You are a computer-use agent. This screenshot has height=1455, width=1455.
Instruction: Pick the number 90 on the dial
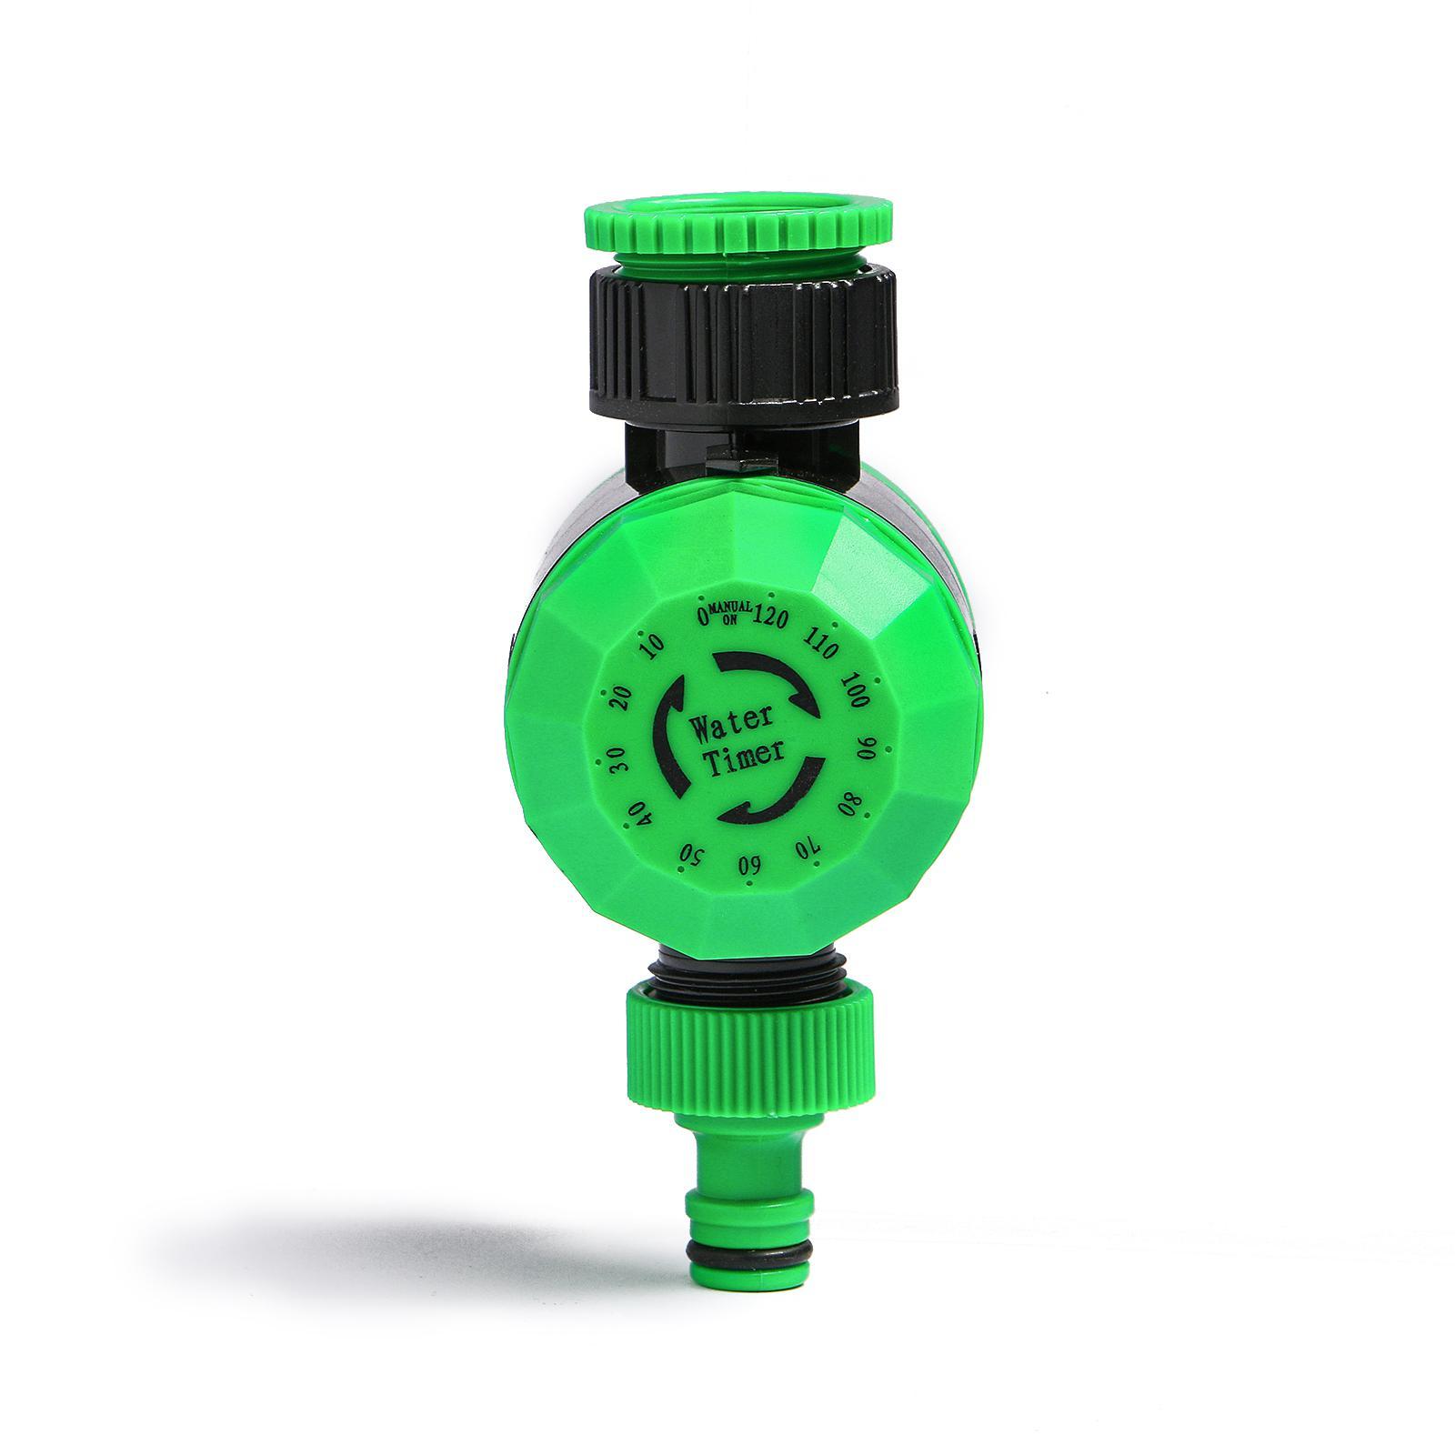867,748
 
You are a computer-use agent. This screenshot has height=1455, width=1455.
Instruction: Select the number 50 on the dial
694,853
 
